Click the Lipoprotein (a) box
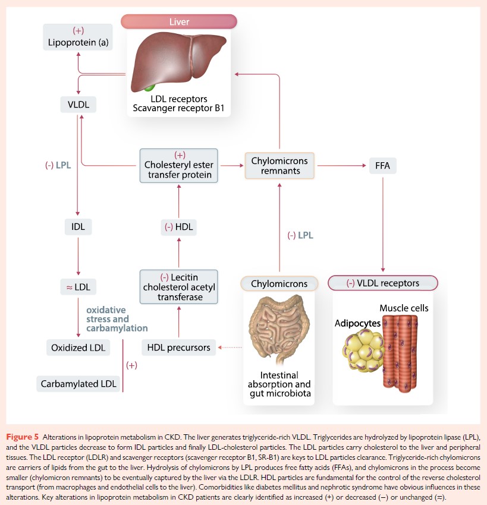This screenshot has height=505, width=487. [x=78, y=37]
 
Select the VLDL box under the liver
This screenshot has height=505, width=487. [x=78, y=105]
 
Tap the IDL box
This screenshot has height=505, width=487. [x=78, y=226]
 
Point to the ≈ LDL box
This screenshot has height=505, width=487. [x=78, y=286]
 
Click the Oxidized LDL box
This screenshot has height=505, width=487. [x=78, y=348]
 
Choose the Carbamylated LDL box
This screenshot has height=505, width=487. [x=78, y=384]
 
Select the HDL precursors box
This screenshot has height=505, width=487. [x=178, y=348]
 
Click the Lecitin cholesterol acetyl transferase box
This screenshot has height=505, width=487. [x=178, y=286]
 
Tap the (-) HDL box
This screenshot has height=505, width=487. [x=178, y=226]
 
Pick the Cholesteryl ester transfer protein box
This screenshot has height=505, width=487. [x=178, y=165]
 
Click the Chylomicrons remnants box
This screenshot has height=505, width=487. [x=279, y=165]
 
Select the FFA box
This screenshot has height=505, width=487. [x=383, y=165]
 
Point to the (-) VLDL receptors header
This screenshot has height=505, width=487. [x=383, y=283]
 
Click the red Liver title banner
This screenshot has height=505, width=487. [x=179, y=22]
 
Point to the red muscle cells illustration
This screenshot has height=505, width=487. [x=407, y=351]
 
